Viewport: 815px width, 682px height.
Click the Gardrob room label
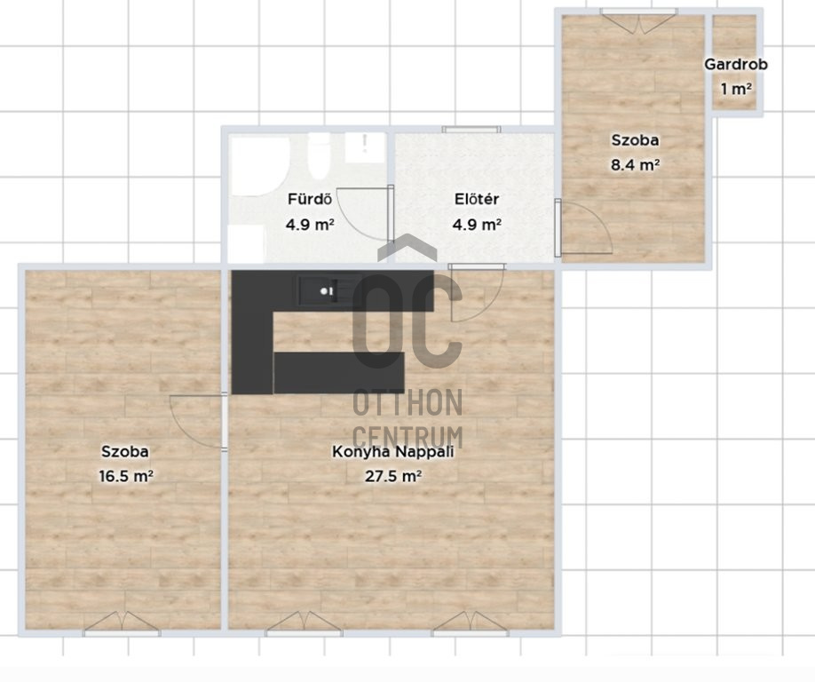[735, 65]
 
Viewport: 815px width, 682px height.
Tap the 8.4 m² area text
[635, 165]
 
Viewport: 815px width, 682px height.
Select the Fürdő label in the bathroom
[310, 199]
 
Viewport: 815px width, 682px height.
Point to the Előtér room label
[477, 199]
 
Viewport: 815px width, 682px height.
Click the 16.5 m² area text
[126, 476]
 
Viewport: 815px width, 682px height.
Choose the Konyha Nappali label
[393, 451]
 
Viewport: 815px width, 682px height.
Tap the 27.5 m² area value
[393, 476]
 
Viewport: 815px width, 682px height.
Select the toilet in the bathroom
[319, 156]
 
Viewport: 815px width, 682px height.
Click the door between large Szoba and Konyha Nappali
[197, 422]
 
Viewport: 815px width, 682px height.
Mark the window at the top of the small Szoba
[639, 20]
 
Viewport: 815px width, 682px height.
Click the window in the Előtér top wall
[471, 130]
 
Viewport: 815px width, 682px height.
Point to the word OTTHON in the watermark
[408, 403]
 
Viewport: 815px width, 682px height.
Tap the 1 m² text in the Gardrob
[736, 90]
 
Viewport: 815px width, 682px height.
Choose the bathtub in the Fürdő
[258, 166]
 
